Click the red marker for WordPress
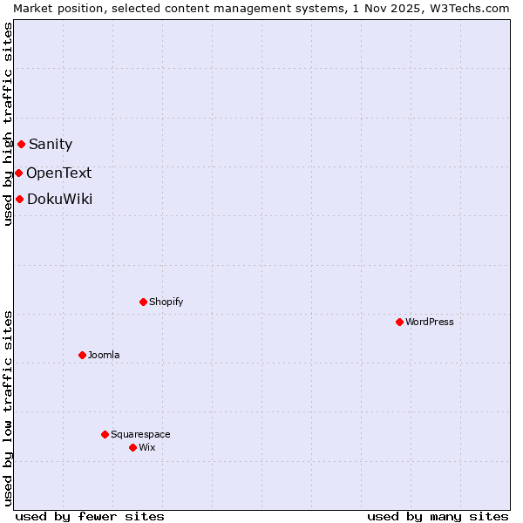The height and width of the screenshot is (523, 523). coord(399,322)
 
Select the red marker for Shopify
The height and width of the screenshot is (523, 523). coord(143,302)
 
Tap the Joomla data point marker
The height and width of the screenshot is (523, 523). coord(82,355)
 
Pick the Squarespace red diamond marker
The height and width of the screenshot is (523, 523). coord(105,434)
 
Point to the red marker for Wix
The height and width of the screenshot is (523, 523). coord(132,447)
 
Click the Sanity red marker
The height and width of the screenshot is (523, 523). coord(21,144)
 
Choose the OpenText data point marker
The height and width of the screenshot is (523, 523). coord(18,173)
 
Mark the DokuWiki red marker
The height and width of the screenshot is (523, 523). coord(19,199)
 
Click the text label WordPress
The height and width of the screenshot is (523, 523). coord(430,322)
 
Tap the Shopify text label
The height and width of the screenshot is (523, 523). coord(166,302)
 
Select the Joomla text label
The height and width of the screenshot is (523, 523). coord(104,355)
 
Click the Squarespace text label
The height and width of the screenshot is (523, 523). coord(140,434)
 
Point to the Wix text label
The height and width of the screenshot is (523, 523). coord(147,447)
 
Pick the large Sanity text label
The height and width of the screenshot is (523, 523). coord(51,145)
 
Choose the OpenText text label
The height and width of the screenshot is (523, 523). coord(58,173)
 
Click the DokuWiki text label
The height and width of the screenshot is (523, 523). coord(59,200)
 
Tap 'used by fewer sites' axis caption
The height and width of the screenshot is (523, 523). coord(90,516)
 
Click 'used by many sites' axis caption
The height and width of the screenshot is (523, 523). coord(438,516)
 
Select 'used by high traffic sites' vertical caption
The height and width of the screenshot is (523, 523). coord(8,124)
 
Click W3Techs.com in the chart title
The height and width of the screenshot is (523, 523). coord(471,8)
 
